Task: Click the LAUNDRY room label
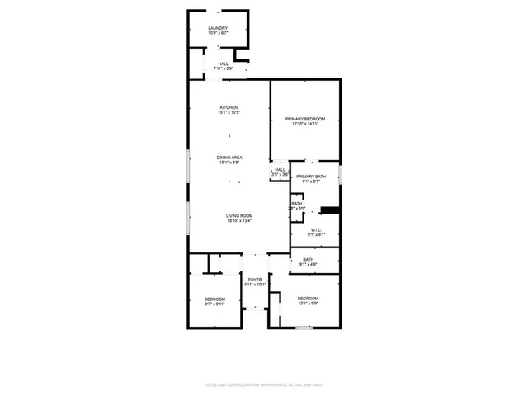tap(218, 28)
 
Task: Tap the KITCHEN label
tap(229, 107)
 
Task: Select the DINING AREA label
tap(229, 158)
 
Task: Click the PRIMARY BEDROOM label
tap(305, 119)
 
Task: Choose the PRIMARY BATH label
tap(312, 177)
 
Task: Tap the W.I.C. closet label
tap(315, 229)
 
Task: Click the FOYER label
tap(255, 280)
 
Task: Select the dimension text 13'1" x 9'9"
tap(308, 304)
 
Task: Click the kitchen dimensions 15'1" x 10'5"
tap(229, 113)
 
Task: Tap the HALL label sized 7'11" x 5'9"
tap(223, 64)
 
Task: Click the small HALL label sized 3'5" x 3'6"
tap(280, 170)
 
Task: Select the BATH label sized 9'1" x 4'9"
tap(308, 260)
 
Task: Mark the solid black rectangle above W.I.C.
tap(330, 210)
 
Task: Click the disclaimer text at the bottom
tap(264, 385)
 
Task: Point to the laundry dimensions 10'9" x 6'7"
tap(218, 34)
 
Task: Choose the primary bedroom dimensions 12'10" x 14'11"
tap(305, 125)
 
